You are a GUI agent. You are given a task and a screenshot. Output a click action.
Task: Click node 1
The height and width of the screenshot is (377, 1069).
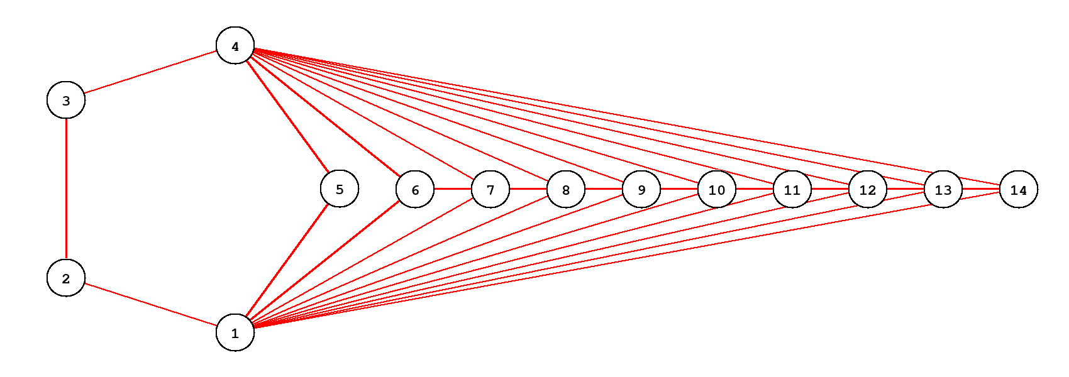pos(235,332)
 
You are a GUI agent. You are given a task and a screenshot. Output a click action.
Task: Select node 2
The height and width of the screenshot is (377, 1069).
pos(66,278)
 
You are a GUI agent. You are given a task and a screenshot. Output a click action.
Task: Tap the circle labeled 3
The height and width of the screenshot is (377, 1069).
pos(66,100)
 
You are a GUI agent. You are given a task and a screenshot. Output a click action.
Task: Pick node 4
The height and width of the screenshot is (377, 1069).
pos(235,46)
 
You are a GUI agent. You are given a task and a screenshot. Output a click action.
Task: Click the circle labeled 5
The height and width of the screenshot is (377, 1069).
pos(340,188)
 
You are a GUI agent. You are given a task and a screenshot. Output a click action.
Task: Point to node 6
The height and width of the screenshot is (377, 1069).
pos(415,189)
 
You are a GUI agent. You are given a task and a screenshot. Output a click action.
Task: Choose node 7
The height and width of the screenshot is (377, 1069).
pos(490,189)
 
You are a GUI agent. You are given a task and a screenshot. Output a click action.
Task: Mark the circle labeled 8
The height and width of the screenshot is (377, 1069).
pos(565,189)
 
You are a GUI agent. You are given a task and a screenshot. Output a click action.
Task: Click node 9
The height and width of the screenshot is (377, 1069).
pos(641,189)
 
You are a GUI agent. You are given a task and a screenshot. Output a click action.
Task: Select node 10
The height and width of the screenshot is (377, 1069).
pos(716,189)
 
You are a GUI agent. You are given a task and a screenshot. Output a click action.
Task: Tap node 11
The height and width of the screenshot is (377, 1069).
pos(792,189)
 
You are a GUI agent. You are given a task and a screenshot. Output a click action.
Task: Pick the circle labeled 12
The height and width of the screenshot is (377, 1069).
pos(867,189)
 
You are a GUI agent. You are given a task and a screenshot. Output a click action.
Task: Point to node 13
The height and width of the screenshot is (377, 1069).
pos(943,189)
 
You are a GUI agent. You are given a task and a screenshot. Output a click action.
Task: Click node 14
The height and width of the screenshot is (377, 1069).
pos(1018,189)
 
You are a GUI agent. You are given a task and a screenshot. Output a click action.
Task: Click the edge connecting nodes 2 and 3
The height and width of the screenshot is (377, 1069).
pos(66,189)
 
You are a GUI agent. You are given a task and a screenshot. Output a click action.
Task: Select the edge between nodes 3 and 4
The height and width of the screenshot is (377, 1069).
pos(150,73)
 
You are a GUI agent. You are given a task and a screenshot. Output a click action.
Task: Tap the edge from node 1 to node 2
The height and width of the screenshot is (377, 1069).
pos(150,305)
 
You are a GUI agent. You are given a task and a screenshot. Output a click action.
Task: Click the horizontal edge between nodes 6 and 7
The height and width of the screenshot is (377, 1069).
pos(452,189)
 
